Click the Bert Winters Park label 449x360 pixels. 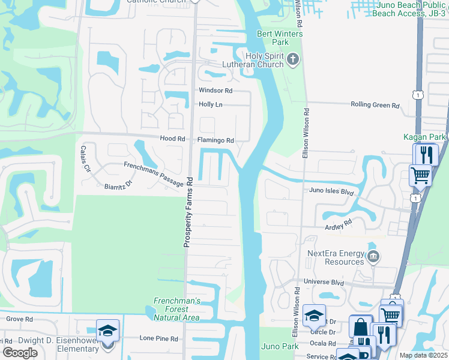[x=280, y=38]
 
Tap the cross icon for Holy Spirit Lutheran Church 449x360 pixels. [x=292, y=58]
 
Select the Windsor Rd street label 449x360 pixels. [x=215, y=91]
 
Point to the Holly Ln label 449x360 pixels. [x=210, y=104]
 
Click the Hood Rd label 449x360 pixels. [x=173, y=139]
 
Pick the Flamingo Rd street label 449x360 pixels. [x=215, y=140]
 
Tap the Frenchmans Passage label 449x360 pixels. [x=153, y=173]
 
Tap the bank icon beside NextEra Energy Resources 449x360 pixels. [x=373, y=257]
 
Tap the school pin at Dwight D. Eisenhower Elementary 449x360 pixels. [x=107, y=331]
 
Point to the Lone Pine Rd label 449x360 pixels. [x=158, y=338]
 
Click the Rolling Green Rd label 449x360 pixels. [x=375, y=105]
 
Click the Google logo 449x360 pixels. [x=20, y=353]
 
